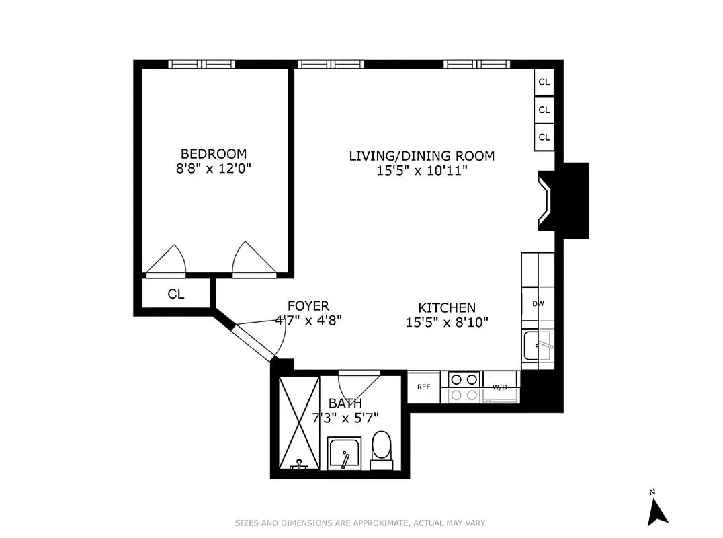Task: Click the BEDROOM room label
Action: pyautogui.click(x=213, y=153)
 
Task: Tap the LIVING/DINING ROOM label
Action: pyautogui.click(x=421, y=156)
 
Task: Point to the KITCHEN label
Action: pyautogui.click(x=447, y=307)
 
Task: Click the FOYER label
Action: pyautogui.click(x=308, y=306)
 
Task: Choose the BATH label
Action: pyautogui.click(x=345, y=403)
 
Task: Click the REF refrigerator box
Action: pyautogui.click(x=423, y=387)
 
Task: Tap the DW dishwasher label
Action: pyautogui.click(x=538, y=304)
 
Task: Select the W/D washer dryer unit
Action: pyautogui.click(x=500, y=388)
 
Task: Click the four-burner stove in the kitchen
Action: pyautogui.click(x=462, y=387)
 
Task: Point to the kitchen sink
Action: pyautogui.click(x=538, y=346)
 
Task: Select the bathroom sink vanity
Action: pyautogui.click(x=345, y=454)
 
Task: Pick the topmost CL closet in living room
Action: pyautogui.click(x=544, y=82)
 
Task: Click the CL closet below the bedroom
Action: pyautogui.click(x=176, y=294)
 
